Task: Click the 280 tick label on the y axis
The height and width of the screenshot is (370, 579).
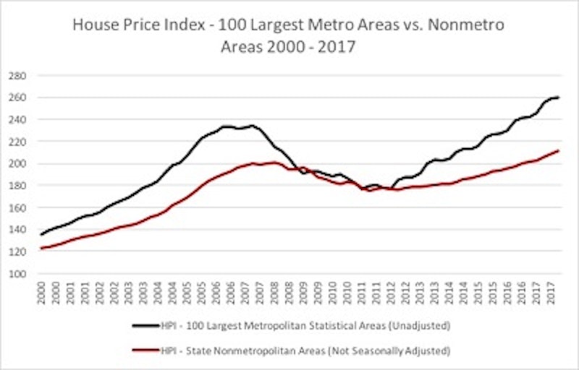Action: pos(17,75)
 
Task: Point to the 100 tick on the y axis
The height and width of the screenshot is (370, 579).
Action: pos(17,274)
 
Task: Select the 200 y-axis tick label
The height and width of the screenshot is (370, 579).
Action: pos(17,163)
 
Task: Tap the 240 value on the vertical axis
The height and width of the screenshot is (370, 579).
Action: pos(17,119)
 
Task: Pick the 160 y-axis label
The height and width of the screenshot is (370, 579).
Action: pos(17,207)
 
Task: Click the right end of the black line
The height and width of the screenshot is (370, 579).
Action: pos(558,98)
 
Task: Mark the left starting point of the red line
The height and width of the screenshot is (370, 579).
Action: pos(40,249)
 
